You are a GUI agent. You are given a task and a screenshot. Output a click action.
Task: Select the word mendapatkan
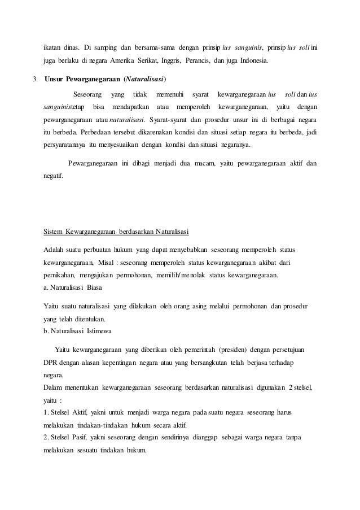(131, 107)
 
